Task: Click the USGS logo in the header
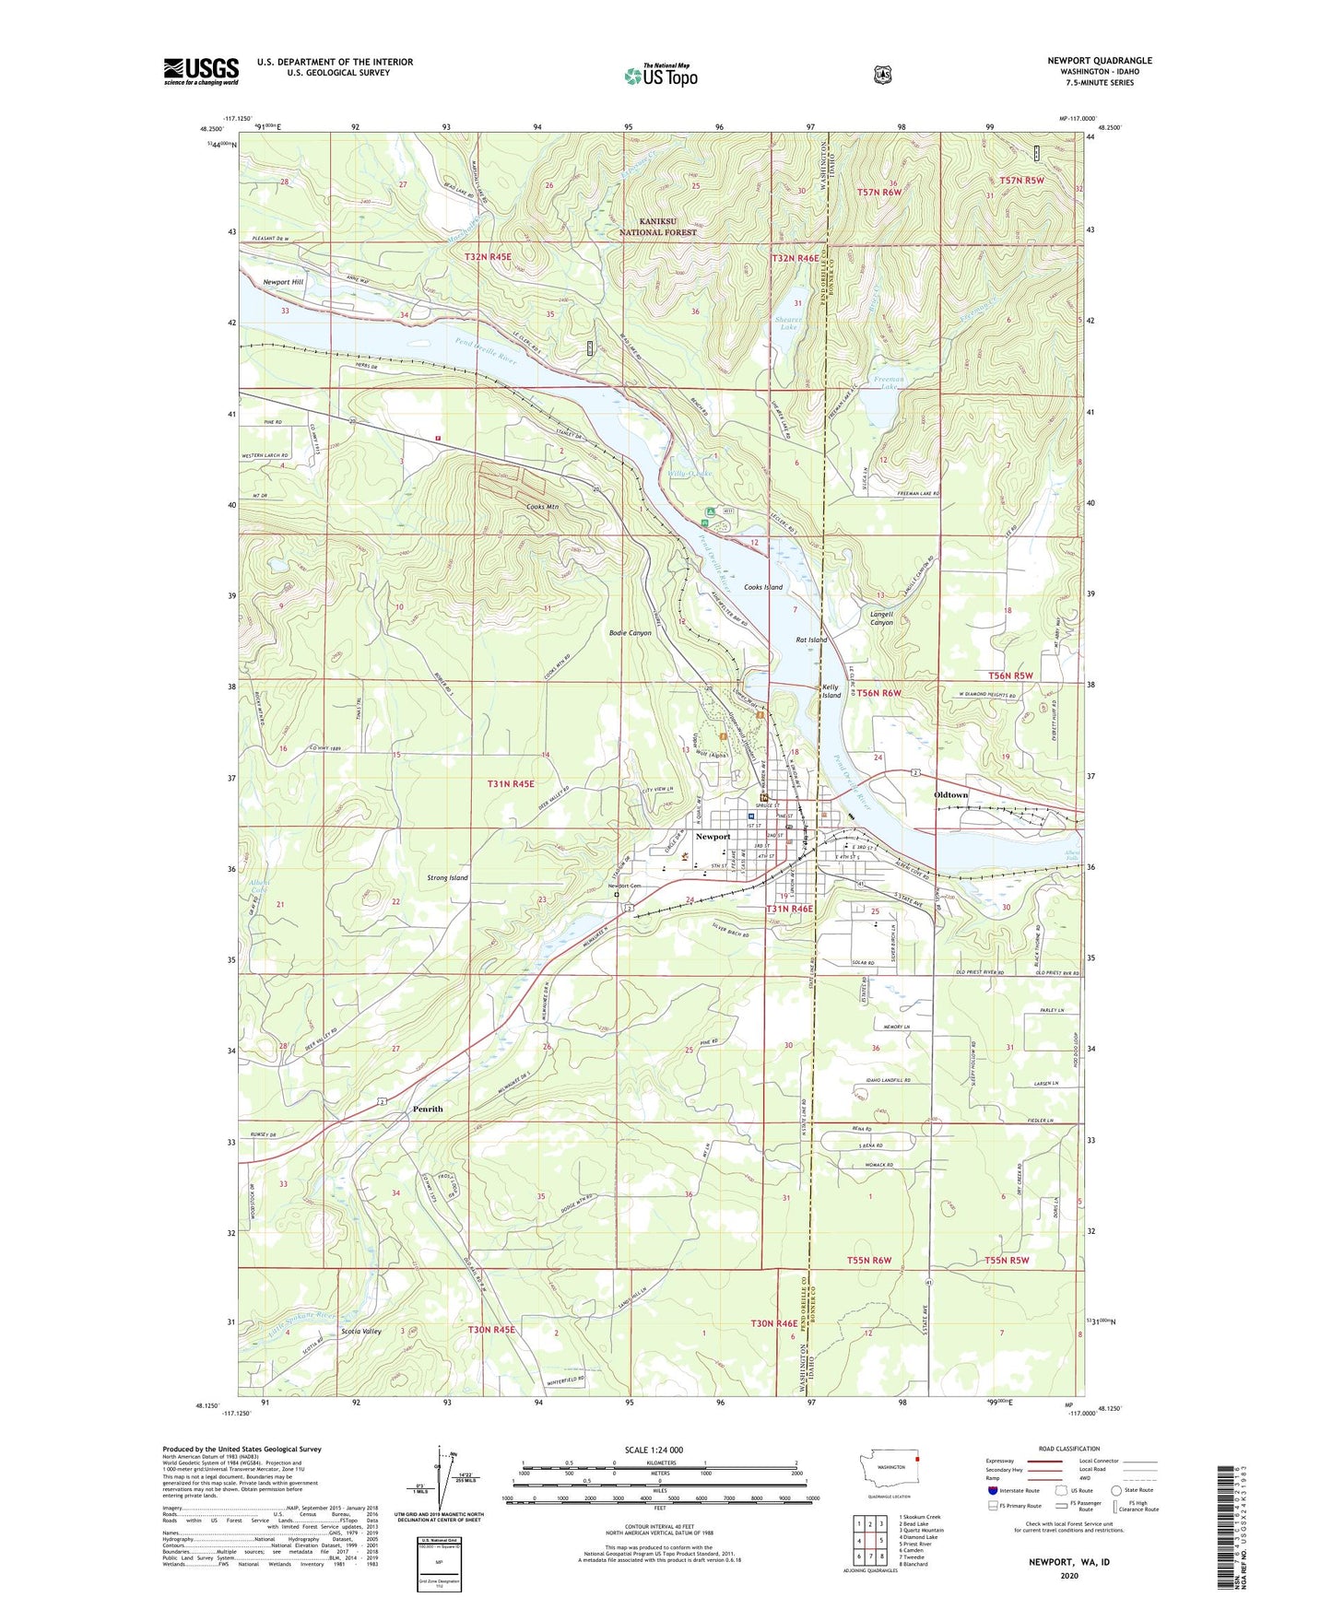pos(201,71)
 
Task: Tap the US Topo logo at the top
pos(660,76)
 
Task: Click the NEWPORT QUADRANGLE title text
pos(1099,61)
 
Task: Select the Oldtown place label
pos(950,794)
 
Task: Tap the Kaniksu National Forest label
pos(656,227)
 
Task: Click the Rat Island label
pos(811,640)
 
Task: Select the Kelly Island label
pos(831,691)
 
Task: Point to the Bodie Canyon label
pos(631,633)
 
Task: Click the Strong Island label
pos(447,877)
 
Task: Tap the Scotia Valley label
pos(360,1331)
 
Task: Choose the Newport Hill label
pos(282,282)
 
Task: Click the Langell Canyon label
pos(881,618)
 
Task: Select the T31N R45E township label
pos(511,784)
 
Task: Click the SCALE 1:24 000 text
pos(654,1450)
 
